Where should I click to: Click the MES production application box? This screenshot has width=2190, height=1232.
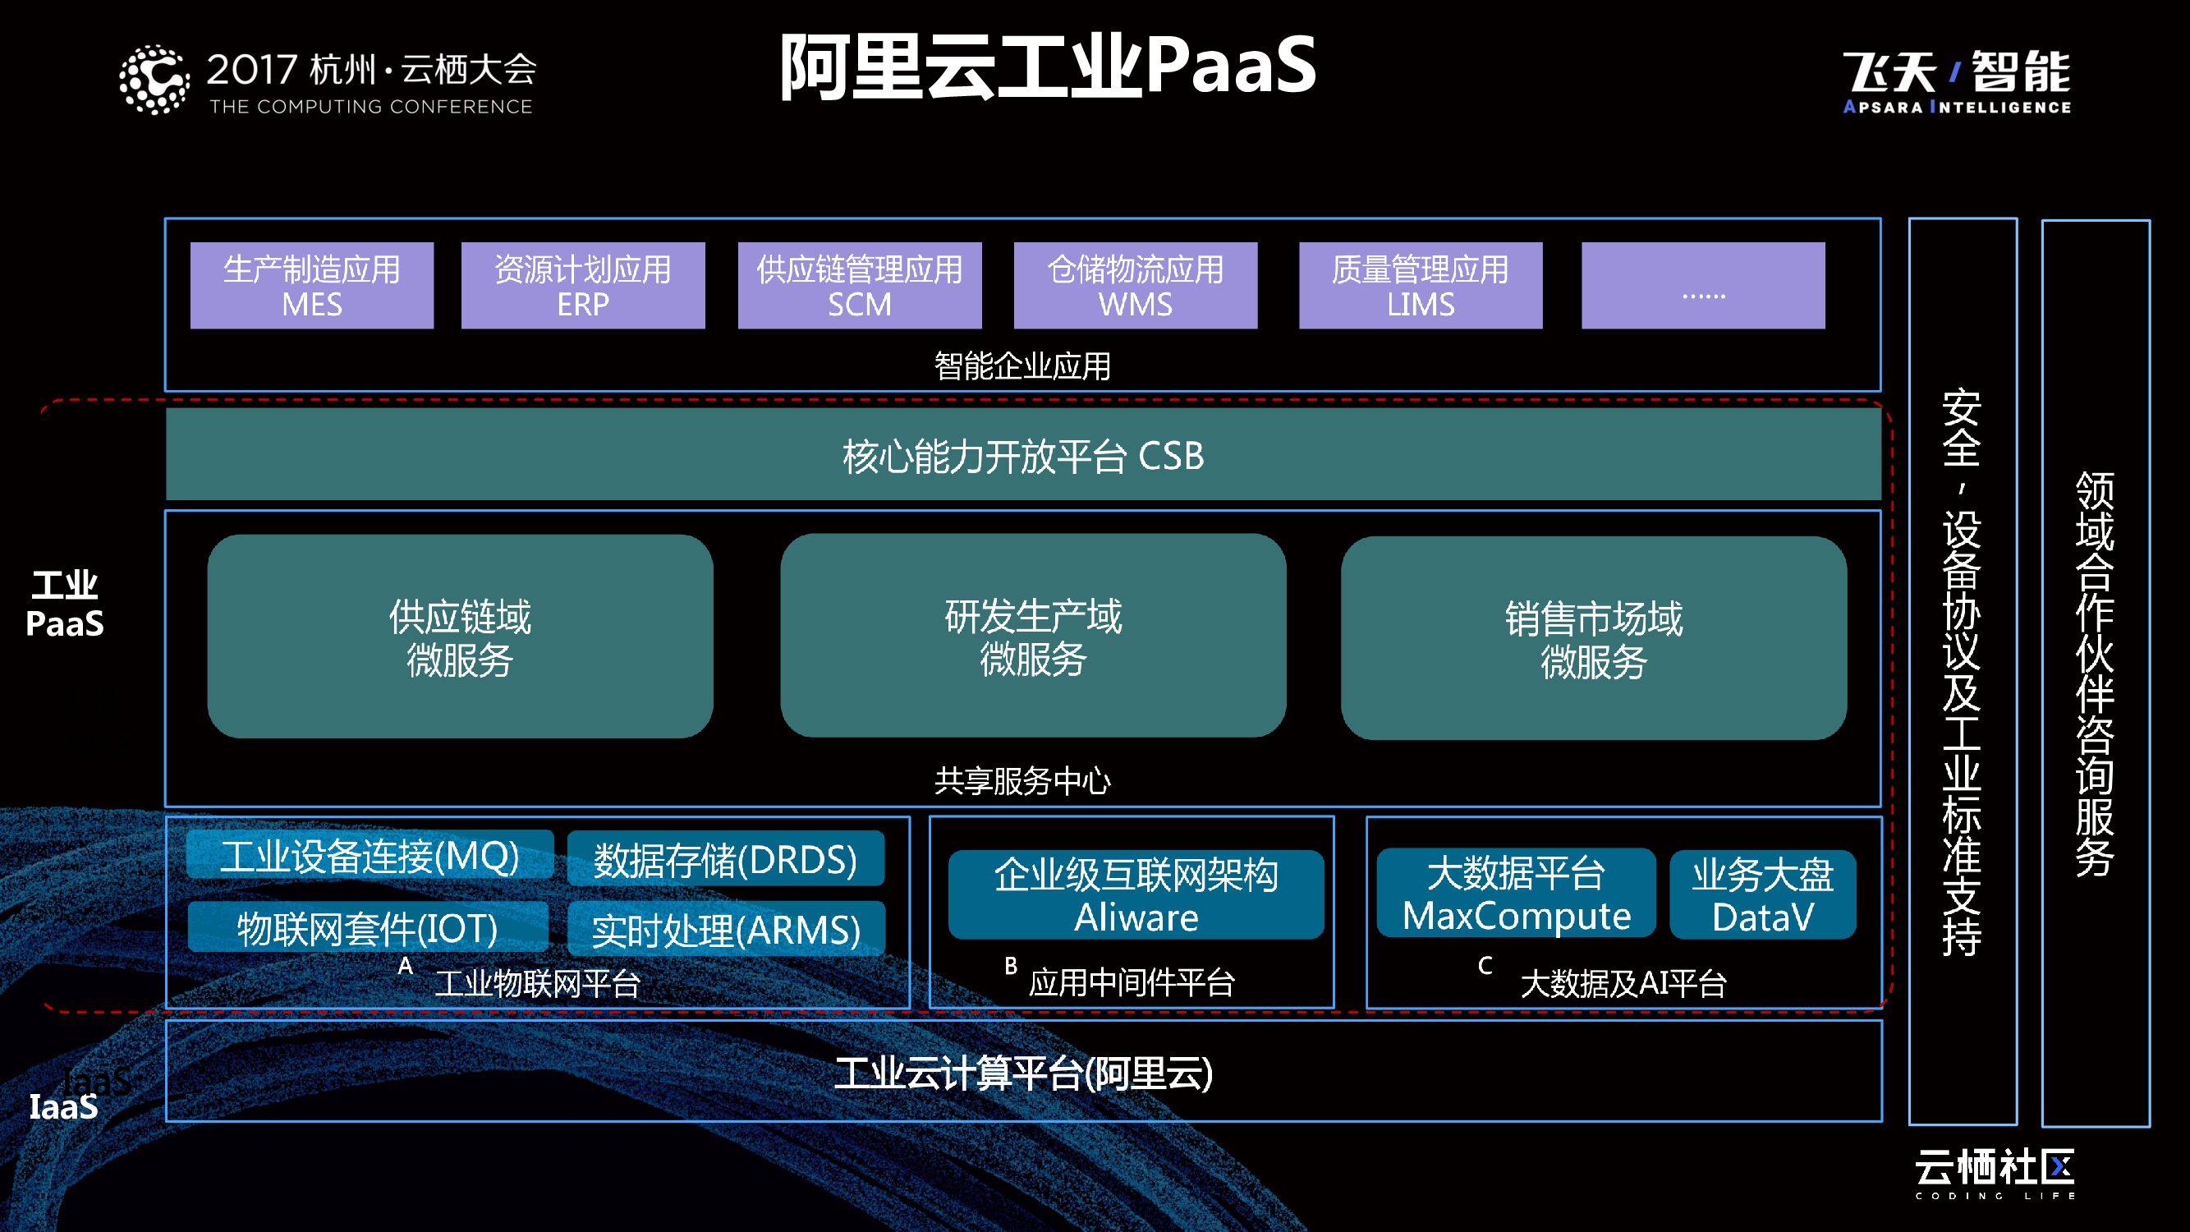[312, 286]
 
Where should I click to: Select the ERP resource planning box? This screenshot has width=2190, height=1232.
[583, 286]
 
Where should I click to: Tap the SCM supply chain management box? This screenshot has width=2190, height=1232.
[860, 286]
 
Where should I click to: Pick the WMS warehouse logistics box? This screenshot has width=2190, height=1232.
[1135, 286]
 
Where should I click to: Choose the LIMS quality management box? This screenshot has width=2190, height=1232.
[1421, 286]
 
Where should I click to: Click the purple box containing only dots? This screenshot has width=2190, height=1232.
[1703, 286]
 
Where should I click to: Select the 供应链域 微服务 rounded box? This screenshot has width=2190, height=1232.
[460, 636]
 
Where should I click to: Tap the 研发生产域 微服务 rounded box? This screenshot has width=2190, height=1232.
[1033, 635]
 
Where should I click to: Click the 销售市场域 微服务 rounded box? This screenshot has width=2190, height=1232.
[1593, 637]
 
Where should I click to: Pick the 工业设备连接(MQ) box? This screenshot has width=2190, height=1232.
[370, 855]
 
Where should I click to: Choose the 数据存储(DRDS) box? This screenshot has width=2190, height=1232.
[725, 859]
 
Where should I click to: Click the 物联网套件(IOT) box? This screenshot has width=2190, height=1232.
[367, 927]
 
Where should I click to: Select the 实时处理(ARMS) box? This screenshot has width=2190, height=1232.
[725, 929]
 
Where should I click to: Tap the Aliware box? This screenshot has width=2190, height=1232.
[1136, 895]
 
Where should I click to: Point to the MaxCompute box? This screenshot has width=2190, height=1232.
[1516, 894]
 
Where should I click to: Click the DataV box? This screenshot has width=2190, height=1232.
[1762, 895]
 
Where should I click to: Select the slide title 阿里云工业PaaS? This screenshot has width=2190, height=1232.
[1048, 67]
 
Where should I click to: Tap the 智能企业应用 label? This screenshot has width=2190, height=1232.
[1022, 365]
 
